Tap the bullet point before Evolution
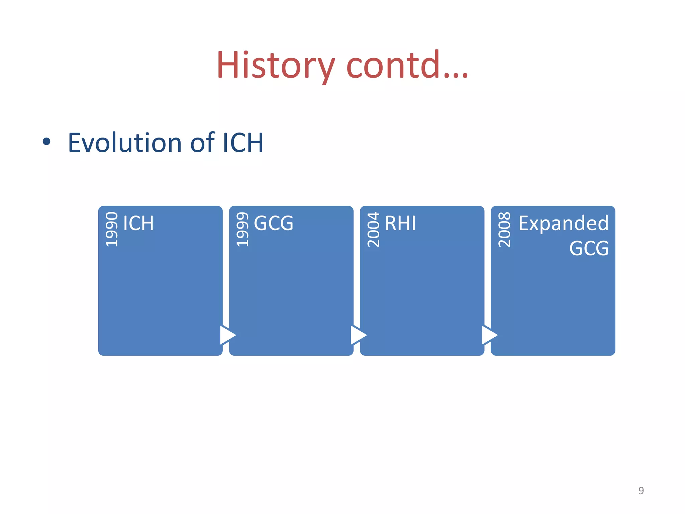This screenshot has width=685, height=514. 46,142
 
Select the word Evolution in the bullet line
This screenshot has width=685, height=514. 125,143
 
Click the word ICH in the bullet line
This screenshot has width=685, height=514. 242,143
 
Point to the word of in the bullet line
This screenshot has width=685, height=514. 202,143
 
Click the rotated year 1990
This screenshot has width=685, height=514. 112,230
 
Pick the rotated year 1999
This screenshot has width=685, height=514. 242,230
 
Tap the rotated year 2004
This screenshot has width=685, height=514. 373,230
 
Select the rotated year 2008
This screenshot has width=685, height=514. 504,230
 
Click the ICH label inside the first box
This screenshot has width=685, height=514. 138,223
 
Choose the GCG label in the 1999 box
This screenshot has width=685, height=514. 274,223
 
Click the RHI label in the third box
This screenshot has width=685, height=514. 400,223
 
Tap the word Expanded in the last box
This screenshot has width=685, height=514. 563,223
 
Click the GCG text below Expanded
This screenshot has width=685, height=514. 589,248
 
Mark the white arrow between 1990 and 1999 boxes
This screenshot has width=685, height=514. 227,335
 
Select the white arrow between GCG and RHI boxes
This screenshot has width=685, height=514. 358,335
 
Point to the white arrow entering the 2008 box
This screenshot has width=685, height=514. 489,335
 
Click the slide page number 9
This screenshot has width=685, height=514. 641,491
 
